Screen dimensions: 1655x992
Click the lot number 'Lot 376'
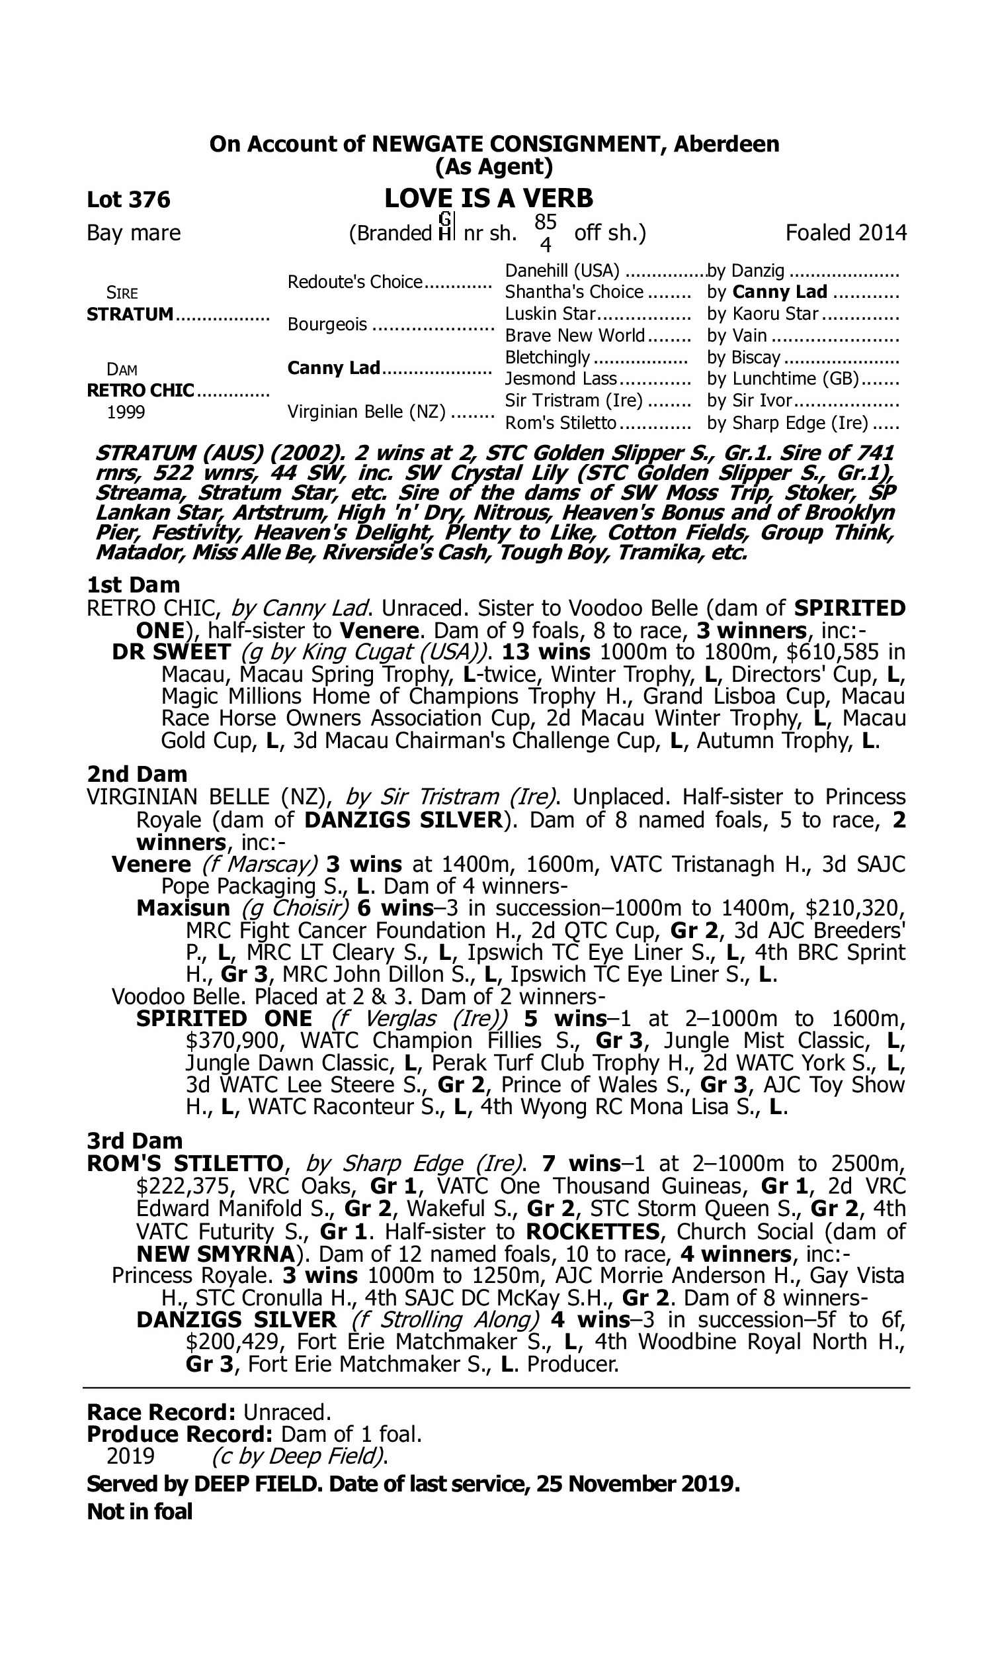pyautogui.click(x=128, y=199)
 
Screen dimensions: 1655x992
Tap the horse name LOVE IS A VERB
pyautogui.click(x=489, y=198)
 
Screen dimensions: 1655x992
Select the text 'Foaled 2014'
pyautogui.click(x=846, y=233)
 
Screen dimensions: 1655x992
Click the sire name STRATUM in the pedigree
pyautogui.click(x=130, y=314)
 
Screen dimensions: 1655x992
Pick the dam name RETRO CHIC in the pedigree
pyautogui.click(x=140, y=390)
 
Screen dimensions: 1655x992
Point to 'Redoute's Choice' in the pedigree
pyautogui.click(x=355, y=281)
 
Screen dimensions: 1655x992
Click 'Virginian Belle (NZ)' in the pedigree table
pyautogui.click(x=366, y=411)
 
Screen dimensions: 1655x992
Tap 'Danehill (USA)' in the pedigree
pyautogui.click(x=562, y=271)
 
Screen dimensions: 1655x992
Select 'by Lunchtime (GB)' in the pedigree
pyautogui.click(x=783, y=379)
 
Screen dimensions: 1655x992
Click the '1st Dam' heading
pyautogui.click(x=134, y=585)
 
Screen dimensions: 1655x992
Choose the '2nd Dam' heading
pyautogui.click(x=137, y=774)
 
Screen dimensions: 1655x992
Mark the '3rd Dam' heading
pyautogui.click(x=134, y=1141)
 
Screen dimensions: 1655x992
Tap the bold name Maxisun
pyautogui.click(x=183, y=908)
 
